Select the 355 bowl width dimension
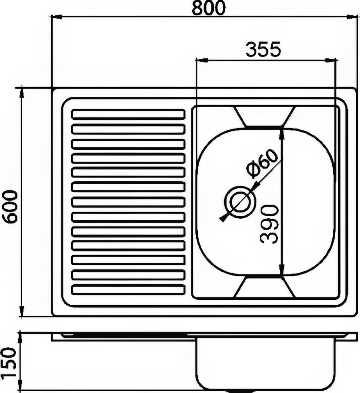point(263,50)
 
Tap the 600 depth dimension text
point(11,207)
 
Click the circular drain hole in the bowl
point(240,202)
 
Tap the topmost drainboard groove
point(128,114)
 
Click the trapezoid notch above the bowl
point(264,117)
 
